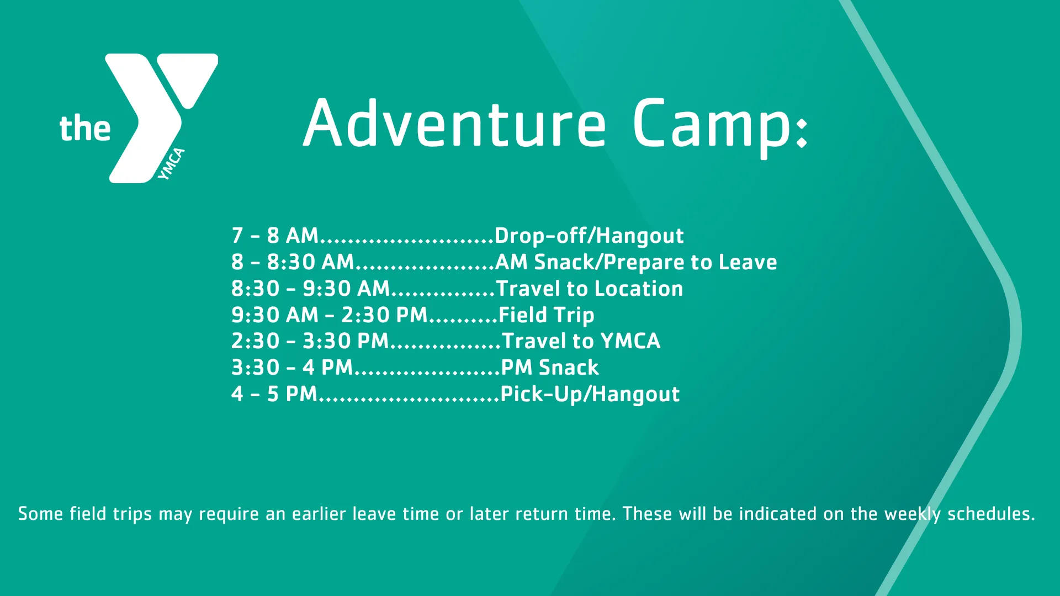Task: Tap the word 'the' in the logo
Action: click(85, 129)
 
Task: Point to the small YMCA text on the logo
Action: click(171, 164)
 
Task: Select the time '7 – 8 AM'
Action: click(275, 236)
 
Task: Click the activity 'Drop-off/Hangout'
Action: click(589, 236)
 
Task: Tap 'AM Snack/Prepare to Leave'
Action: click(636, 263)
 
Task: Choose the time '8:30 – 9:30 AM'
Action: click(310, 289)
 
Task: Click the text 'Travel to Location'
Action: click(589, 289)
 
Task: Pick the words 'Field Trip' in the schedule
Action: click(546, 315)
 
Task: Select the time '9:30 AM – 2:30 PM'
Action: click(330, 315)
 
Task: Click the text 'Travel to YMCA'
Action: click(581, 341)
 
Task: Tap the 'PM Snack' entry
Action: click(549, 368)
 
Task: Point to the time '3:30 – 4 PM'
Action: click(291, 368)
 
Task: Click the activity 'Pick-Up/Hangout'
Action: click(590, 394)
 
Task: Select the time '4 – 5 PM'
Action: click(274, 394)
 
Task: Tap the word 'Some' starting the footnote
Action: click(40, 514)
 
